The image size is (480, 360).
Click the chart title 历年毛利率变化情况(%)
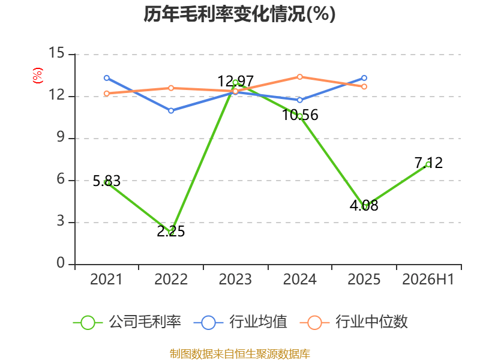tap(239, 14)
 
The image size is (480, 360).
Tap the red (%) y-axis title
tap(38, 76)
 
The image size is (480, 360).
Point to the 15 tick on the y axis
tap(56, 53)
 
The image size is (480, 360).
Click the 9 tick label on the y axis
tap(61, 137)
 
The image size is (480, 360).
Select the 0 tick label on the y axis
tap(61, 263)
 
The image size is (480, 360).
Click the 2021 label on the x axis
tap(106, 279)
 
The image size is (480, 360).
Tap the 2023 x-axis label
tap(235, 279)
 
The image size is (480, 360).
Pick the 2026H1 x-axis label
tap(428, 279)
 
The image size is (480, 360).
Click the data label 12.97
tap(235, 82)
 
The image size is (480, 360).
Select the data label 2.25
tap(171, 232)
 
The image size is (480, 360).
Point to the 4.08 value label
tap(364, 205)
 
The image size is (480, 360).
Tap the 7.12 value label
tap(428, 163)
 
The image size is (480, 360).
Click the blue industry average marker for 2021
tap(107, 78)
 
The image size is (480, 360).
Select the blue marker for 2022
tap(171, 110)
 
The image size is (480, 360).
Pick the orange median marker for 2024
tap(299, 77)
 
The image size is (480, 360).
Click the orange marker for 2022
tap(171, 88)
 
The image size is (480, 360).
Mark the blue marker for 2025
tap(364, 78)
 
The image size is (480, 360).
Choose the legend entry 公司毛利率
tap(127, 322)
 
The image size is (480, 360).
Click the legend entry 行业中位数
tap(353, 322)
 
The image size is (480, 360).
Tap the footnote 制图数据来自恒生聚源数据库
tap(240, 354)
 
